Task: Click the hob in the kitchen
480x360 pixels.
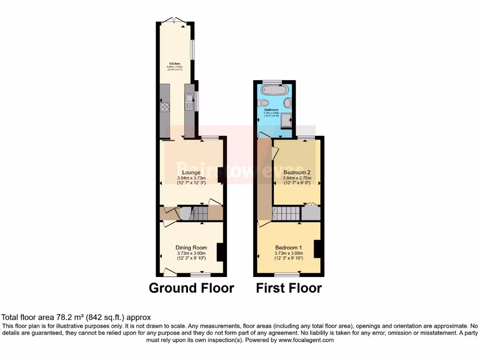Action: pyautogui.click(x=165, y=107)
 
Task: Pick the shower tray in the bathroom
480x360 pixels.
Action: pyautogui.click(x=286, y=121)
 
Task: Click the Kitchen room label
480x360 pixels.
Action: pyautogui.click(x=174, y=63)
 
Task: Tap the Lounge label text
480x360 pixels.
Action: pyautogui.click(x=191, y=172)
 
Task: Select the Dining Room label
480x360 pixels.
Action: pyautogui.click(x=191, y=247)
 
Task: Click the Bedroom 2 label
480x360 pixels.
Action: pyautogui.click(x=297, y=172)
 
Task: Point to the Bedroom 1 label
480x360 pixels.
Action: pyautogui.click(x=288, y=247)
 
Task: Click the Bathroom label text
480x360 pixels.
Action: pyautogui.click(x=271, y=110)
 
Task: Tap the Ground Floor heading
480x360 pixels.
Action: pyautogui.click(x=191, y=287)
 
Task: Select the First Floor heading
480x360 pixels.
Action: pyautogui.click(x=289, y=287)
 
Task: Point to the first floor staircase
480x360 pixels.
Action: pyautogui.click(x=286, y=214)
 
